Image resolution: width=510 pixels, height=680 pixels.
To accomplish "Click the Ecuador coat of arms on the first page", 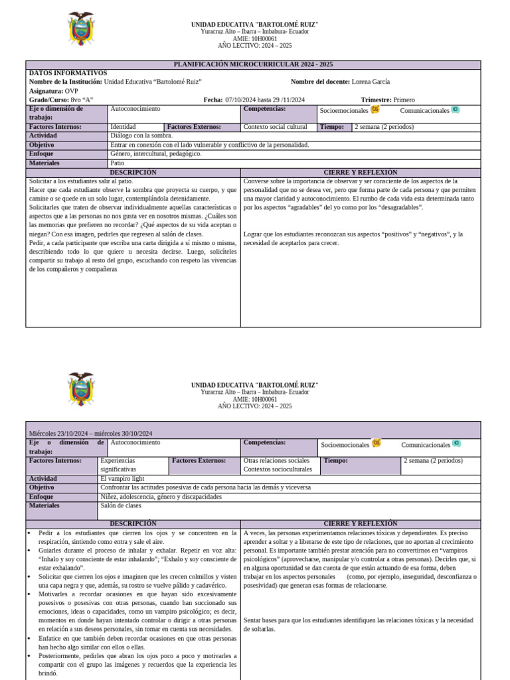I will (x=82, y=29).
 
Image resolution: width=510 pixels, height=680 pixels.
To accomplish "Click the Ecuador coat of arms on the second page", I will (x=82, y=389).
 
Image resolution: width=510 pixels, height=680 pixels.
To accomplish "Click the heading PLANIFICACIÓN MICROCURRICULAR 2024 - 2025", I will (x=253, y=64).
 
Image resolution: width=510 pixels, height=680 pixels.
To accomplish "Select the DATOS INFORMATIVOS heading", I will (x=68, y=73).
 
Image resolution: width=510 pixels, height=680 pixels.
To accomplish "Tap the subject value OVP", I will (x=72, y=91).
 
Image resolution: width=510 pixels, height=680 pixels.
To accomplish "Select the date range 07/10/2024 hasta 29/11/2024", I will (x=265, y=100).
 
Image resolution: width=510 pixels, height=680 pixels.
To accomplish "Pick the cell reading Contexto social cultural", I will (x=276, y=127).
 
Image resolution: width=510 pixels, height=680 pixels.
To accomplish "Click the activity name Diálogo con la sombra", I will (x=141, y=135).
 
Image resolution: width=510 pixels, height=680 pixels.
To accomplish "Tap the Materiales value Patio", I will (x=118, y=163).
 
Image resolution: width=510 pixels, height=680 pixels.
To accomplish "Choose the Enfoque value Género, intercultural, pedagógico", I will (x=155, y=153).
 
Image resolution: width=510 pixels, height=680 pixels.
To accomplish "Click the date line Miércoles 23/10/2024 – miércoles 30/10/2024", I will (x=91, y=434).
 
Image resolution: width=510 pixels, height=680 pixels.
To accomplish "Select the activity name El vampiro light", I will (x=122, y=479).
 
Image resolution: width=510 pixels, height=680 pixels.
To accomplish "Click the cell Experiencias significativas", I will (x=118, y=464).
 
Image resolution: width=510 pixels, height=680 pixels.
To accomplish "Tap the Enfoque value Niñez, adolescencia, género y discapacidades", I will (x=161, y=497).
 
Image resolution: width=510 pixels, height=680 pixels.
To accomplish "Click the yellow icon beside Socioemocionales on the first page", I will (x=375, y=110).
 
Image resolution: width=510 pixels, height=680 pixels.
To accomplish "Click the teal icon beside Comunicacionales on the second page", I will (x=456, y=444).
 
